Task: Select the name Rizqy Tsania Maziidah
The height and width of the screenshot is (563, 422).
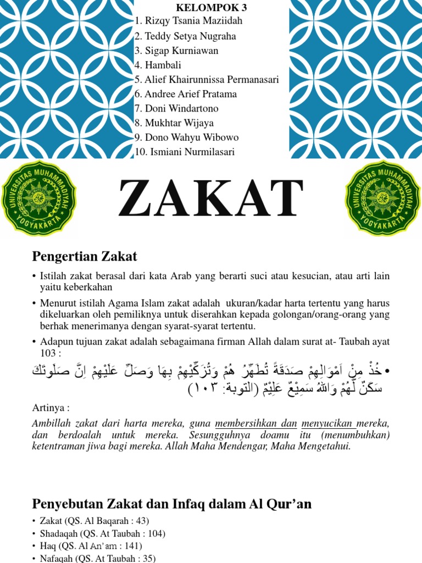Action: pyautogui.click(x=188, y=21)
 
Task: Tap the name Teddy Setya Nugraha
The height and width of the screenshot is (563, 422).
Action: pyautogui.click(x=185, y=36)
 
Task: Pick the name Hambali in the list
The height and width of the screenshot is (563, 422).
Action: pyautogui.click(x=159, y=65)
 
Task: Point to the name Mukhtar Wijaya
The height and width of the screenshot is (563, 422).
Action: pyautogui.click(x=174, y=123)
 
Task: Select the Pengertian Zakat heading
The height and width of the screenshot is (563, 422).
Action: pyautogui.click(x=85, y=256)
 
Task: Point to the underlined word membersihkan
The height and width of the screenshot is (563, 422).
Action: pyautogui.click(x=249, y=424)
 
